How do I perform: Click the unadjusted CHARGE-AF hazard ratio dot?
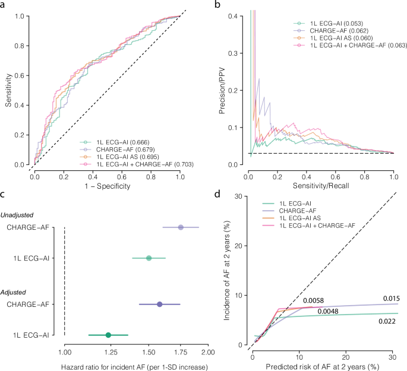pyautogui.click(x=181, y=227)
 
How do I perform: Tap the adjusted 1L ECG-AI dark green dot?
pyautogui.click(x=108, y=335)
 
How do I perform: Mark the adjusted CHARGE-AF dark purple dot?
pyautogui.click(x=159, y=305)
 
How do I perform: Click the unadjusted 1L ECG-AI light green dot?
pyautogui.click(x=149, y=258)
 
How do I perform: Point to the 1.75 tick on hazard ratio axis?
pyautogui.click(x=181, y=354)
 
